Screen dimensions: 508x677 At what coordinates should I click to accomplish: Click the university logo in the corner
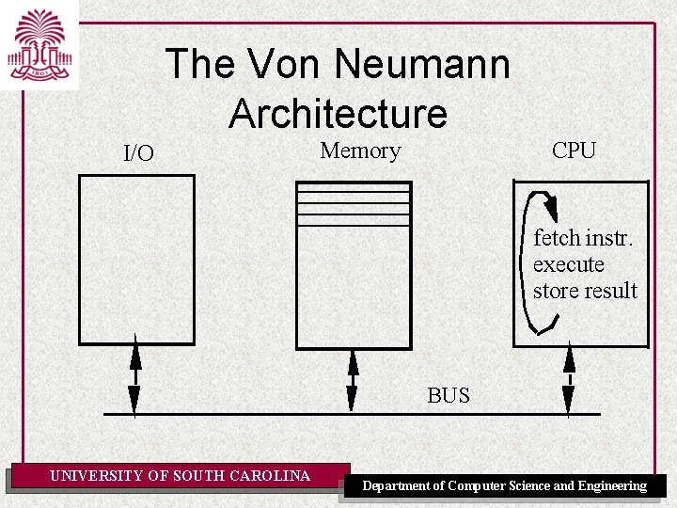(39, 44)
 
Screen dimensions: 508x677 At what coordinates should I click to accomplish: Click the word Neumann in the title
(423, 65)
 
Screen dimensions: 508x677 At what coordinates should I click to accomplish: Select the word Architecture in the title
(338, 114)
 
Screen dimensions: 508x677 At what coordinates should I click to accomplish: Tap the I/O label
(139, 153)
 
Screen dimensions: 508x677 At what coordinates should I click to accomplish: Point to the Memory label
(360, 151)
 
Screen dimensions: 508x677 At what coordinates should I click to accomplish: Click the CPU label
(574, 151)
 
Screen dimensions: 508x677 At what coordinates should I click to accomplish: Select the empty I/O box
(136, 259)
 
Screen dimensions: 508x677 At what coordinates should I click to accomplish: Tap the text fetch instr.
(583, 238)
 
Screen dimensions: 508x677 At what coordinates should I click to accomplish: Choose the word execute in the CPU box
(568, 264)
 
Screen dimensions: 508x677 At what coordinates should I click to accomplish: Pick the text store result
(585, 291)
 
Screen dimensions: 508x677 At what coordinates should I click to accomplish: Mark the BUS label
(449, 395)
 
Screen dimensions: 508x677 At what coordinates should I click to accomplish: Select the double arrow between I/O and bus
(134, 374)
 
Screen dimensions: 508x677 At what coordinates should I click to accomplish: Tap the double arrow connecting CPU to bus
(568, 381)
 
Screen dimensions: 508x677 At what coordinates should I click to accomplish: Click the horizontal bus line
(282, 414)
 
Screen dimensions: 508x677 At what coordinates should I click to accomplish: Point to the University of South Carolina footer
(180, 476)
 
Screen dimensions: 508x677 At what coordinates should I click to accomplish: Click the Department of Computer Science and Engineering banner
(505, 485)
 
